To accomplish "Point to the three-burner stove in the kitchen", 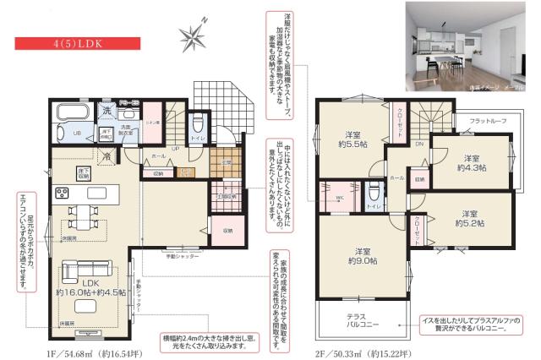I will pyautogui.click(x=63, y=194).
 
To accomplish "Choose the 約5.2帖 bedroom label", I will pyautogui.click(x=470, y=219).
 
